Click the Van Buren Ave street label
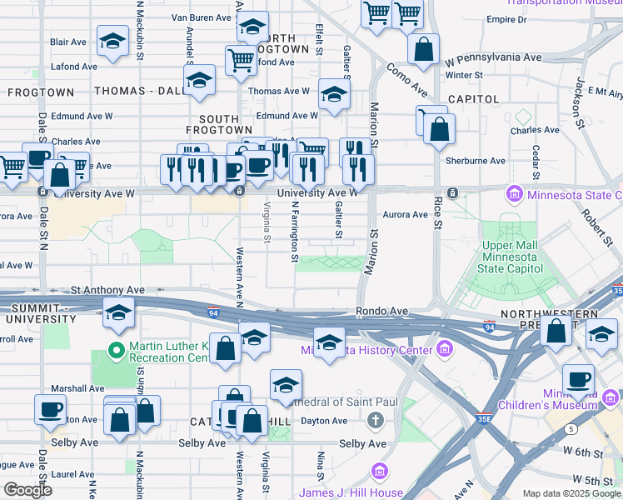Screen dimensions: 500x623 click(x=201, y=17)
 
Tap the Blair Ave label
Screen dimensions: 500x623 click(x=67, y=42)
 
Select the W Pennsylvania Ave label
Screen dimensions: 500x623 click(x=493, y=59)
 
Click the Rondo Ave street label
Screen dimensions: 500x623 click(x=382, y=311)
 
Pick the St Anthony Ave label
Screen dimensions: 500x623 click(x=107, y=290)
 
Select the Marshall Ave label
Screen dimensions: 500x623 click(x=77, y=388)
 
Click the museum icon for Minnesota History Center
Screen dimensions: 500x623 click(x=446, y=348)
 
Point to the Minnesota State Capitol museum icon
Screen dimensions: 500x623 click(x=514, y=196)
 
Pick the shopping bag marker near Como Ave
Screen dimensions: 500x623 click(x=423, y=48)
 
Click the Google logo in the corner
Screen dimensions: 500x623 click(x=27, y=490)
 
